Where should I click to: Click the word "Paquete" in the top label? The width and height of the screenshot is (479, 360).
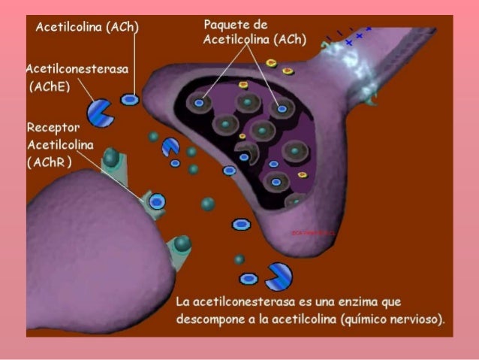click(x=225, y=26)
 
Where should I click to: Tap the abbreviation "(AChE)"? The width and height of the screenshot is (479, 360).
click(x=49, y=87)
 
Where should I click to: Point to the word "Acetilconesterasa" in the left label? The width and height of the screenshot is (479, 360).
click(x=77, y=68)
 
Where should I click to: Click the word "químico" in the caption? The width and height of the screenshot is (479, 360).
click(x=365, y=319)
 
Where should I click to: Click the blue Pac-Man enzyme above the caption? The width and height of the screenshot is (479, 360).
click(x=279, y=275)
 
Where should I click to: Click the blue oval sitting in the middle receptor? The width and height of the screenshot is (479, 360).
click(x=157, y=201)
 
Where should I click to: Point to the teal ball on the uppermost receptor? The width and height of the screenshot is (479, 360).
click(x=111, y=157)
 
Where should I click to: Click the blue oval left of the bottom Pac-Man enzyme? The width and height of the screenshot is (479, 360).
click(x=249, y=279)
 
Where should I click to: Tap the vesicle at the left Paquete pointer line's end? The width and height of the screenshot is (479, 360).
click(x=200, y=102)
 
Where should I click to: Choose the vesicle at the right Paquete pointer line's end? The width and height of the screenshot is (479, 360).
click(x=282, y=108)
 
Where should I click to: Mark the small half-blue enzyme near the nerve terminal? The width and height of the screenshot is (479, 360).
click(x=170, y=147)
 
